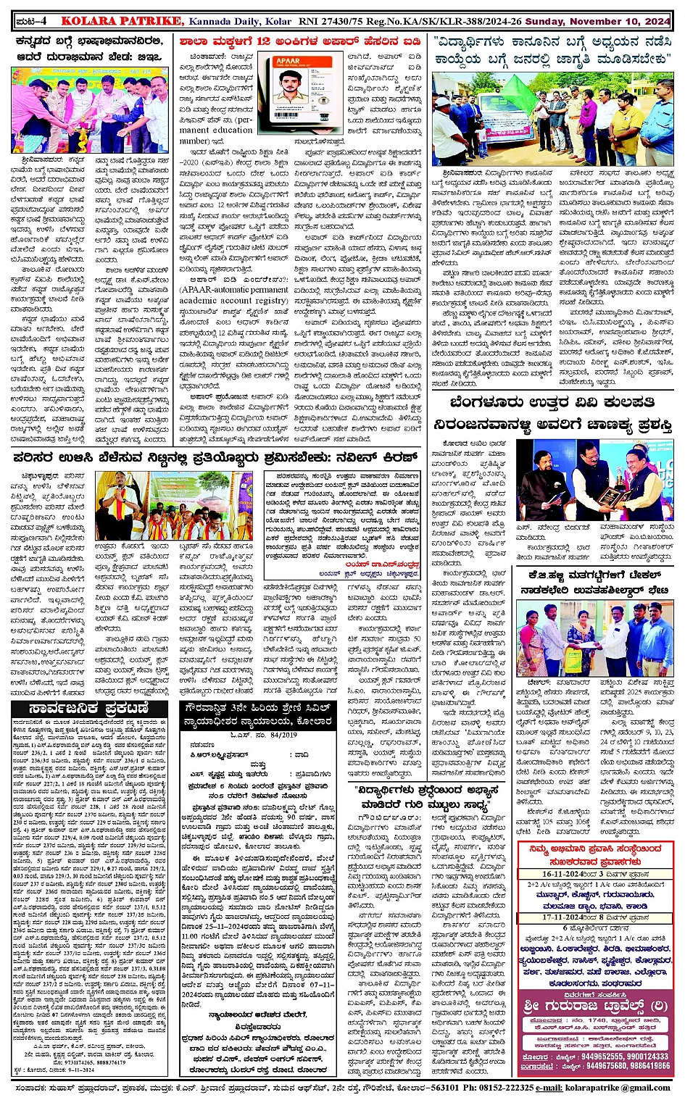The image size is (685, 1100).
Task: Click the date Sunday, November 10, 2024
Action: pos(598,22)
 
